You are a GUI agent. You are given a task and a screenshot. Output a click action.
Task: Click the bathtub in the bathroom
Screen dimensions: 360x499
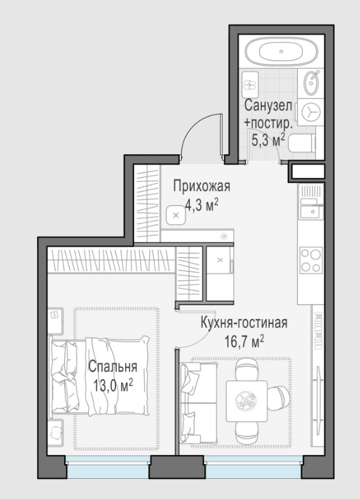pyautogui.click(x=281, y=52)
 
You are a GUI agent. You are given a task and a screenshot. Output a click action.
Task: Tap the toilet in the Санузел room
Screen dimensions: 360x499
pyautogui.click(x=302, y=144)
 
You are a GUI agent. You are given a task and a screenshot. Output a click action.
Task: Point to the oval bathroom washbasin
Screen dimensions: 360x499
pyautogui.click(x=311, y=83)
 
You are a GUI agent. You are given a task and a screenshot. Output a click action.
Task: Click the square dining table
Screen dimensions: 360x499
pyautogui.click(x=246, y=401)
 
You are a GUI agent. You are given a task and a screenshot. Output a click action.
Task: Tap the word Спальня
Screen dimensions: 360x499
pyautogui.click(x=113, y=367)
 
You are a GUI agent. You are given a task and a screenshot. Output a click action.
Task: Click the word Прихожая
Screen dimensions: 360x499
pyautogui.click(x=202, y=186)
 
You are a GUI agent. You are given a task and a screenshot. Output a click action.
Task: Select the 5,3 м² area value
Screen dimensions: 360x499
pyautogui.click(x=268, y=140)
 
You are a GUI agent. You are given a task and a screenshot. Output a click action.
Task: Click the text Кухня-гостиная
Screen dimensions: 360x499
pyautogui.click(x=244, y=323)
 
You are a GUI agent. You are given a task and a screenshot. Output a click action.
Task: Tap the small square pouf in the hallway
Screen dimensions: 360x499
pyautogui.click(x=175, y=215)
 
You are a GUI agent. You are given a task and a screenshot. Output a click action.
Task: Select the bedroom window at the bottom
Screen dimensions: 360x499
pyautogui.click(x=108, y=467)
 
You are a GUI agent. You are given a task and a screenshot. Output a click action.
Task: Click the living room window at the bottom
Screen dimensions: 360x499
pyautogui.click(x=253, y=467)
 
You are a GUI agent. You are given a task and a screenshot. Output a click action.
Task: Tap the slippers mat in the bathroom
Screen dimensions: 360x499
pyautogui.click(x=250, y=85)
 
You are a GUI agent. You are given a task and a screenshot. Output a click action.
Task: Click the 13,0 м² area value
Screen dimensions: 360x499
pyautogui.click(x=113, y=386)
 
